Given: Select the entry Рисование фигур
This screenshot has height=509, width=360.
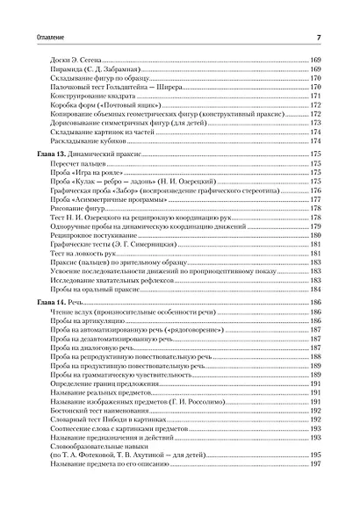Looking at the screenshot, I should tap(89, 211).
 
